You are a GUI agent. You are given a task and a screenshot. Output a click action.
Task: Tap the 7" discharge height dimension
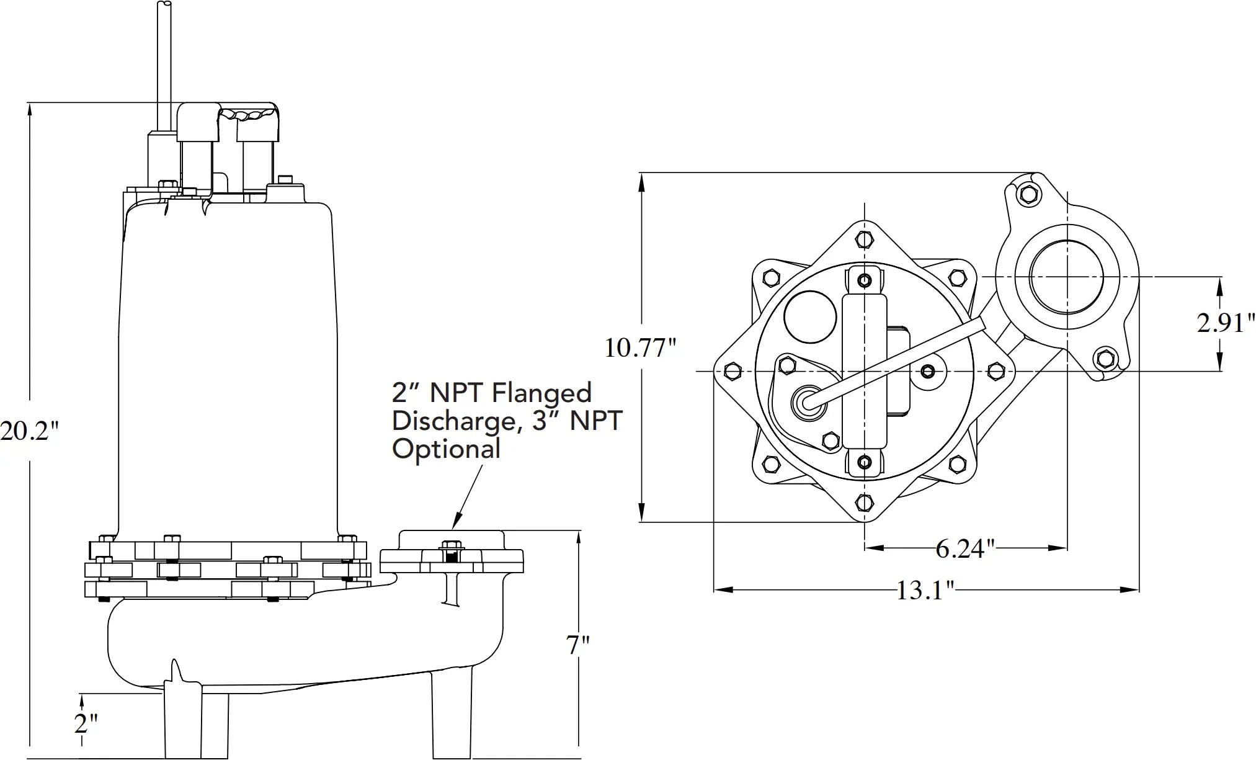577,645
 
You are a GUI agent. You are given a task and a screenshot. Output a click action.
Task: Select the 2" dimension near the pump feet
86,723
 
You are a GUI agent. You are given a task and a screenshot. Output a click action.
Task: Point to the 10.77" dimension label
640,348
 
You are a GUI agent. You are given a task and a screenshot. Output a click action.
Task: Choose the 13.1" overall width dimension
925,590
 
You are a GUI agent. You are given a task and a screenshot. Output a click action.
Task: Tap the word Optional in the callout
446,449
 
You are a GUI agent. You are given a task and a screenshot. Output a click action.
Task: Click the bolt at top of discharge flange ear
1027,194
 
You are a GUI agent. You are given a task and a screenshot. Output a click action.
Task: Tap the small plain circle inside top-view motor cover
809,316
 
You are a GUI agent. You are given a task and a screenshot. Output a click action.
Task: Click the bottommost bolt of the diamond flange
865,501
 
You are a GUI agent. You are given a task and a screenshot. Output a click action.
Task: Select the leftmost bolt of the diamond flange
733,372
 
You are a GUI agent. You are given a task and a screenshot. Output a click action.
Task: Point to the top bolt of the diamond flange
865,239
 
